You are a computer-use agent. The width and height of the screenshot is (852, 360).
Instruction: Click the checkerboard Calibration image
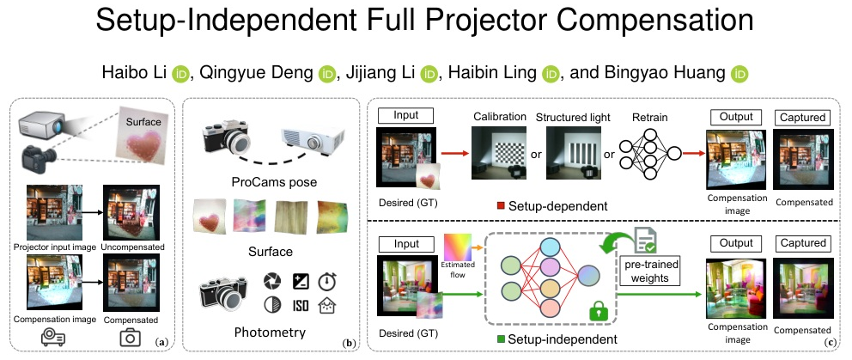point(496,153)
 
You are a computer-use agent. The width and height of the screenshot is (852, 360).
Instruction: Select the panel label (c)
point(829,344)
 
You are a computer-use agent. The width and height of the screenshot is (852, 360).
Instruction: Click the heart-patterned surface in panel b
point(211,215)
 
